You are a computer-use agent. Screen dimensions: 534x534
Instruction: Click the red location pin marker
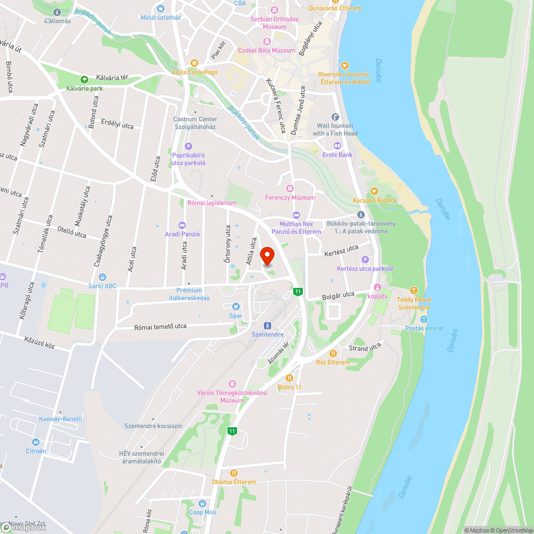tap(267, 256)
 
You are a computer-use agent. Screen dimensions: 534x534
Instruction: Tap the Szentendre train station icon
tap(267, 326)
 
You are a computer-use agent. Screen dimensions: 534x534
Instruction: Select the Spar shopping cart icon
tap(235, 307)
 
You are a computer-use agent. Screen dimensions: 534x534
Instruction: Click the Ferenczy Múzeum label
tap(290, 198)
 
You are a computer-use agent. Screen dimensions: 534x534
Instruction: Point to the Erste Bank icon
tap(337, 146)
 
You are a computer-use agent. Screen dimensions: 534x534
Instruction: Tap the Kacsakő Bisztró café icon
tap(374, 191)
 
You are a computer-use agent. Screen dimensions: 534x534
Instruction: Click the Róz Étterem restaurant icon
tap(333, 353)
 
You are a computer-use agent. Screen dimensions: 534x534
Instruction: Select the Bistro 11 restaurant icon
tap(289, 378)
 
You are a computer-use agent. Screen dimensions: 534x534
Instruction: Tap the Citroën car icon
tap(36, 442)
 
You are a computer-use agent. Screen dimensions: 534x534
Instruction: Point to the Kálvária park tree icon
tap(84, 80)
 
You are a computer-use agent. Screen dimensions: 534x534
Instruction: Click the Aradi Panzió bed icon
tap(182, 225)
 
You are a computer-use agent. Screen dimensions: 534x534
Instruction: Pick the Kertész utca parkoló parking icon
tap(365, 260)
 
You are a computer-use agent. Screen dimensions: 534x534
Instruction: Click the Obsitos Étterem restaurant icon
tap(233, 473)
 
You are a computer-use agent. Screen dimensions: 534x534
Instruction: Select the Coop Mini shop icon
tap(202, 504)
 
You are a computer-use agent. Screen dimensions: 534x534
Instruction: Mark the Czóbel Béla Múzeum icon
tap(266, 42)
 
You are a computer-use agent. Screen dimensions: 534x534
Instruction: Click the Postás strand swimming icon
tap(423, 319)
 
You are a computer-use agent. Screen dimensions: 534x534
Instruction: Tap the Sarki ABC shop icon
tap(103, 277)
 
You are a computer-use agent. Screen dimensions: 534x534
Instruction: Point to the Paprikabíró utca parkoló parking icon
tap(188, 146)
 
